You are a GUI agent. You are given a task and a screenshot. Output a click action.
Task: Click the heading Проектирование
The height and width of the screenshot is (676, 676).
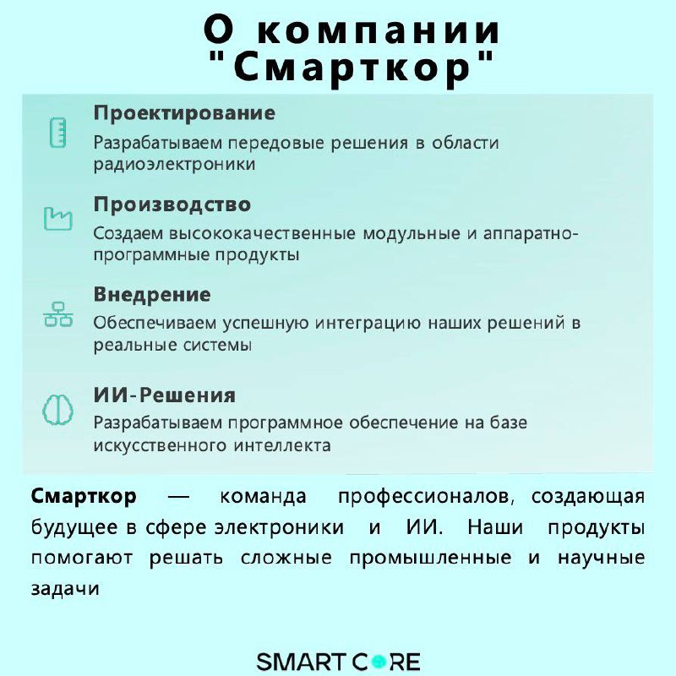(184, 113)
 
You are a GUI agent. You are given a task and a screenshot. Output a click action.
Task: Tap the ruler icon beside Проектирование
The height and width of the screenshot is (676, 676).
(57, 134)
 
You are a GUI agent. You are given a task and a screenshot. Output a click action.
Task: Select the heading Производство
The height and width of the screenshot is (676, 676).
(172, 204)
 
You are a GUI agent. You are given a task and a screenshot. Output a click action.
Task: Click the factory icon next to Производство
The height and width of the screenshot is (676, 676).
(57, 218)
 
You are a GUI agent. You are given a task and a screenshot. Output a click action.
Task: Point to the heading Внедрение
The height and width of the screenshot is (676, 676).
(152, 295)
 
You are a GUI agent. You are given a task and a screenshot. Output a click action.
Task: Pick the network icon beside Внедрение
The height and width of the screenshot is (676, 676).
(57, 314)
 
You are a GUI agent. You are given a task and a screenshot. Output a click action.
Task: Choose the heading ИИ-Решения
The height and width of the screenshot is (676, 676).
(164, 395)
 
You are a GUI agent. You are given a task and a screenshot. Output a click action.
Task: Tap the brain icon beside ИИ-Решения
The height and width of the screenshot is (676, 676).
(57, 410)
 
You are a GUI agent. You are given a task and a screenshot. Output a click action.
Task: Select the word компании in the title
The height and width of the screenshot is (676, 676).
(388, 30)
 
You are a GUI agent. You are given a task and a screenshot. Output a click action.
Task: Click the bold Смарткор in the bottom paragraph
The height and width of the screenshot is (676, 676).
(84, 496)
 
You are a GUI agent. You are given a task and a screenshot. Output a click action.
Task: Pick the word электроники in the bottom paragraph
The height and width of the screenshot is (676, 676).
(279, 528)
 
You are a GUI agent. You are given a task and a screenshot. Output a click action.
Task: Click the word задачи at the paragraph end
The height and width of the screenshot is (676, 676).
(65, 590)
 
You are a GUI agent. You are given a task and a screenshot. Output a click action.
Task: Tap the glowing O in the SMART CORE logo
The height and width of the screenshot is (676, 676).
(379, 661)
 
